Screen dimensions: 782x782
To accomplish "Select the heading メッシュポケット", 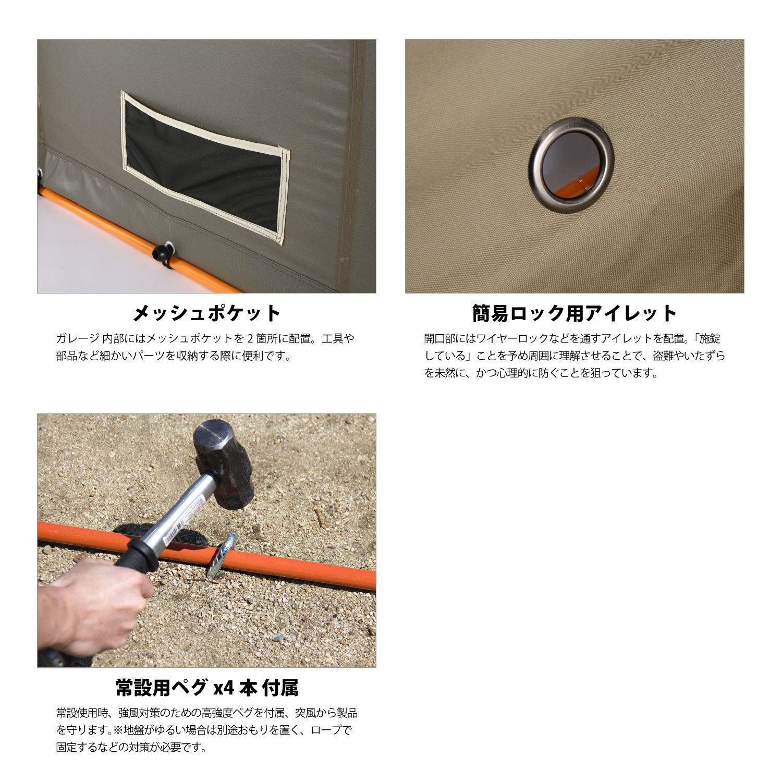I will [206, 314].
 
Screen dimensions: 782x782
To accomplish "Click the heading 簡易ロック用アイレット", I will [575, 314].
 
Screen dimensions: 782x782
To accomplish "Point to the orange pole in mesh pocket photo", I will [104, 229].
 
